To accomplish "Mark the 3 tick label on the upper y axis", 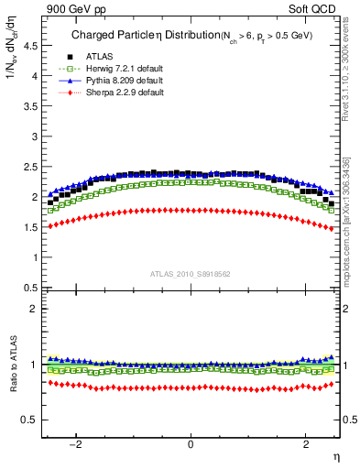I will click(35, 136).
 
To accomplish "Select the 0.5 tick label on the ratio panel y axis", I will click(30, 420).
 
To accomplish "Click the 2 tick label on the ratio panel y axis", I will click(35, 309).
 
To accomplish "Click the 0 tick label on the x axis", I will click(191, 444).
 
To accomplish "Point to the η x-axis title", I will click(335, 455).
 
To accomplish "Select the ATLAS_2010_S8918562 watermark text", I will click(190, 273).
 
